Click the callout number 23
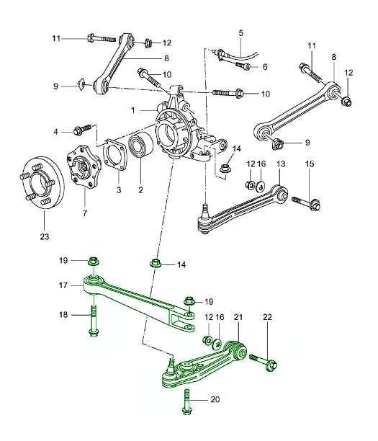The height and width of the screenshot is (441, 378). pyautogui.click(x=45, y=236)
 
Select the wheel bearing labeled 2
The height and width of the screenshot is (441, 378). pyautogui.click(x=140, y=146)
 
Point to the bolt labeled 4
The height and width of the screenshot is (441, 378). pyautogui.click(x=82, y=130)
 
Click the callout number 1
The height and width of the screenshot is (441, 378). pyautogui.click(x=133, y=110)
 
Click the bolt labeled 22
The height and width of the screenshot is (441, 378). pyautogui.click(x=264, y=362)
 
